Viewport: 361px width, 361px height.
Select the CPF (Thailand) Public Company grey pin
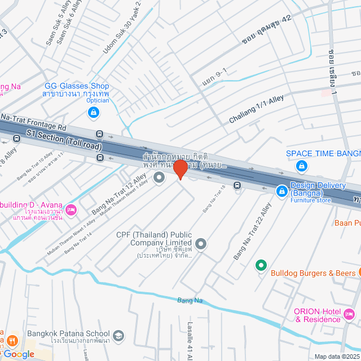201,244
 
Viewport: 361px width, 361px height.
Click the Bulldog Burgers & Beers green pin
261,264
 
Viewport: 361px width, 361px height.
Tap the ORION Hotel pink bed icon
349,314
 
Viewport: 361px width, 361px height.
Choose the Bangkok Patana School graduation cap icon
118,336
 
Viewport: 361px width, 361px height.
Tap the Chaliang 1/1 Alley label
256,110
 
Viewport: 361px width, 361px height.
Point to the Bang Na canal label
190,300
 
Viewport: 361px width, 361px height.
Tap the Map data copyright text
337,356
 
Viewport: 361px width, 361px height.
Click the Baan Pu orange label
347,222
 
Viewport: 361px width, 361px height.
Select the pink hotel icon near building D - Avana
71,209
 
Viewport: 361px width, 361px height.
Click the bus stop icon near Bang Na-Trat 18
237,185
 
